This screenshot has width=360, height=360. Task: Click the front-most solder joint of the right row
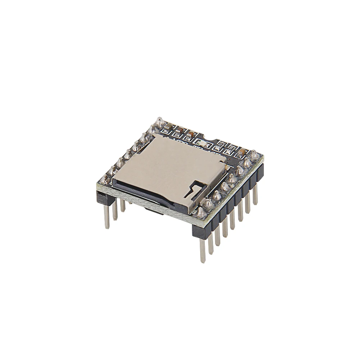click(x=201, y=211)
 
